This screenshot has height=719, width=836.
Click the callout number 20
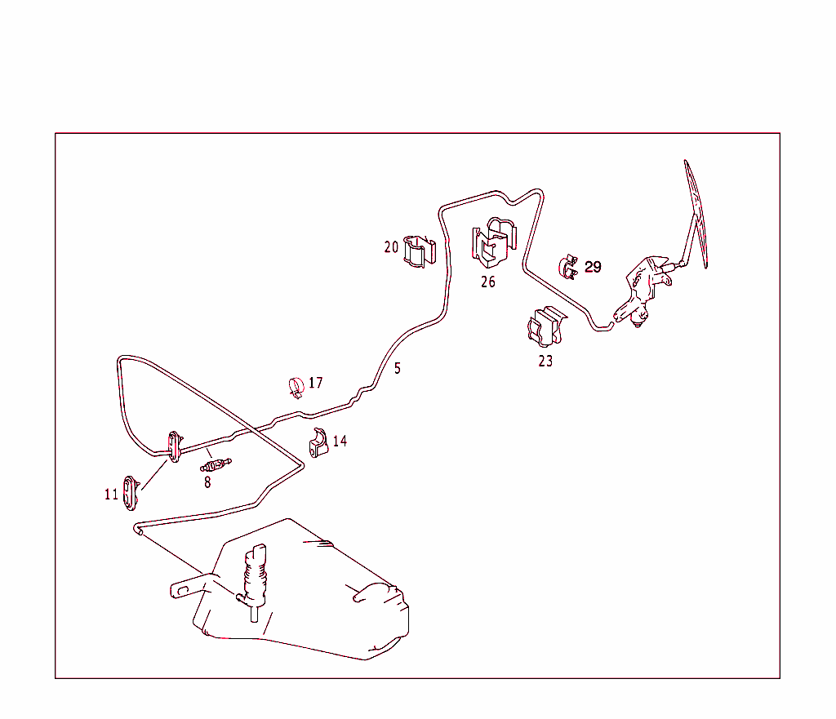391,247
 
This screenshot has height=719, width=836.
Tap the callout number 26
488,282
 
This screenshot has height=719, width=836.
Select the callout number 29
593,267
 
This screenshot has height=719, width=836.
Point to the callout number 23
545,362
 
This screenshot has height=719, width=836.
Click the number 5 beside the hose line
398,368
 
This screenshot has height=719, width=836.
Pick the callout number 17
316,383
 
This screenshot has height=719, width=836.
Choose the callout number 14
340,441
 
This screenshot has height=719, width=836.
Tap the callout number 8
207,482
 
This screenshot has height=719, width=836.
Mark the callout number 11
111,495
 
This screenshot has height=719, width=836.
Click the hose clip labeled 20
419,251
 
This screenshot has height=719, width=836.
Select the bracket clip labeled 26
494,242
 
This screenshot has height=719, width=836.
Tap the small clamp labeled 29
568,267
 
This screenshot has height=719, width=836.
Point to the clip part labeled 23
546,326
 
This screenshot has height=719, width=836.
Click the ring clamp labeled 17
296,388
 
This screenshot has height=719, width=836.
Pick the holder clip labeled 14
318,443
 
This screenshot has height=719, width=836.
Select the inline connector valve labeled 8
216,464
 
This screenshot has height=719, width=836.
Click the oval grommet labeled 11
131,493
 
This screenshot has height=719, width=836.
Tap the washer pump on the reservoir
254,582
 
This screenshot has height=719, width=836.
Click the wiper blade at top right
696,213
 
